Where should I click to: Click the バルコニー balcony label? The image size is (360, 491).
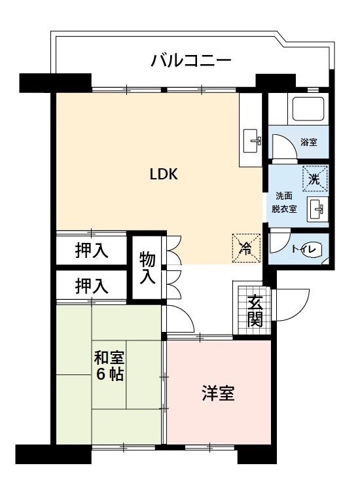190,61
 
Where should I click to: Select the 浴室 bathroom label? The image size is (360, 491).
309,141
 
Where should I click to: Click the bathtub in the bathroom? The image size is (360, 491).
309,110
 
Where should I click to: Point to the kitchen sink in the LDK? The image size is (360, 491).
252,139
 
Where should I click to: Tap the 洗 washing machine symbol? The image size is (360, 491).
314,177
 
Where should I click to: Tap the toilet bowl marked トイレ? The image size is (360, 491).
311,249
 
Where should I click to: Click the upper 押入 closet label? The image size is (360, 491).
91,250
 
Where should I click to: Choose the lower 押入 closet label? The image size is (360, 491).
91,285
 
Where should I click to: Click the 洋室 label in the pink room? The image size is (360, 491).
218,394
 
